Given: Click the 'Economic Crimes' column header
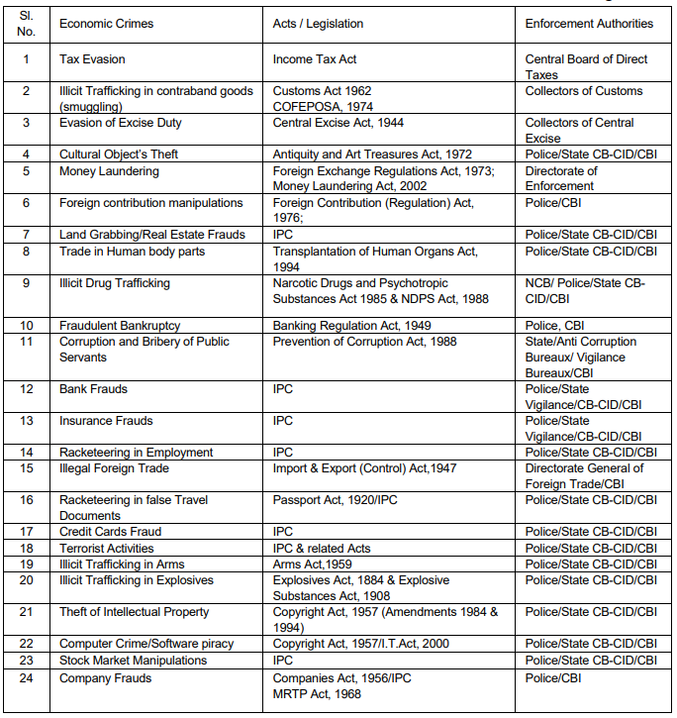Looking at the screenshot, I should [x=107, y=23].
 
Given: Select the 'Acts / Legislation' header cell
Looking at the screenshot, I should [x=318, y=23].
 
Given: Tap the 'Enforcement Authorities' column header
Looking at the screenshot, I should [x=589, y=23].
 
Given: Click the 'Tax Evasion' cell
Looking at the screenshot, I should [x=92, y=59].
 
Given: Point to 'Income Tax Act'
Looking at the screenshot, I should [x=315, y=59].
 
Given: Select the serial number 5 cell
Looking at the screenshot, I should [x=27, y=170].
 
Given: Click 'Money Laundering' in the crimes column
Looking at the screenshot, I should [x=109, y=170].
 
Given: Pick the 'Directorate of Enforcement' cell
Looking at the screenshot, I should [x=561, y=178].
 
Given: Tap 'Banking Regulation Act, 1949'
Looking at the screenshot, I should [x=351, y=325].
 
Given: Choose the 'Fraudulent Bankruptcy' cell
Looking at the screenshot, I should [x=120, y=325].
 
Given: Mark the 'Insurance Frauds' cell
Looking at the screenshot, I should [x=106, y=420].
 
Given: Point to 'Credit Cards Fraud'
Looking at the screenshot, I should [x=110, y=531].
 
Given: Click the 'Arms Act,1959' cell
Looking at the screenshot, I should [x=314, y=563].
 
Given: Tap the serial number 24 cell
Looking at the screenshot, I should [x=27, y=677].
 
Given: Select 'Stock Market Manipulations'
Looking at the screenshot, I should [x=133, y=660].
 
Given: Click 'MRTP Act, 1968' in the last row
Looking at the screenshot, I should [x=317, y=693].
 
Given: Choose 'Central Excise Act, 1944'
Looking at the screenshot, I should [x=338, y=123].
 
